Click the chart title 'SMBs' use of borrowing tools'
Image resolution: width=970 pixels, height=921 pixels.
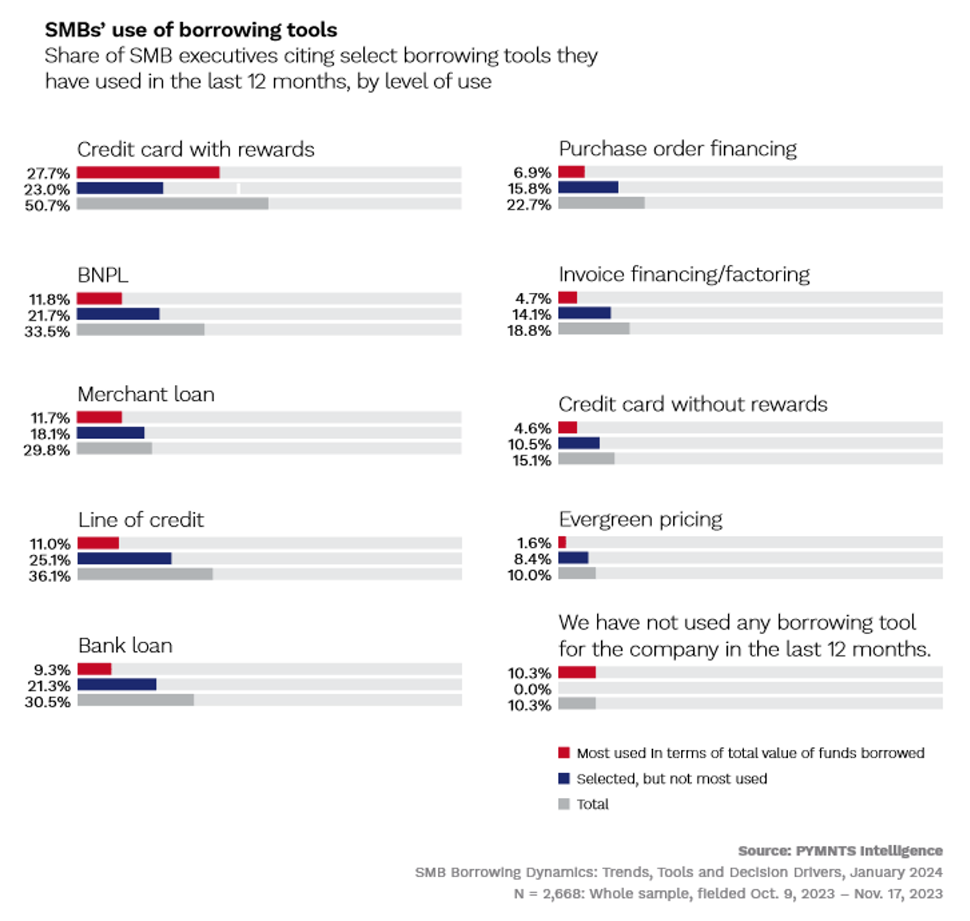(x=191, y=30)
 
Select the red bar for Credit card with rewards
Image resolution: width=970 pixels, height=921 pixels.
(x=148, y=173)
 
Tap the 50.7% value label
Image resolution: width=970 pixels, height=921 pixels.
(x=47, y=206)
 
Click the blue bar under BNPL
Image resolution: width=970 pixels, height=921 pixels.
(x=118, y=314)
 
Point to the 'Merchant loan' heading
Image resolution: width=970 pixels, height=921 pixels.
(x=146, y=394)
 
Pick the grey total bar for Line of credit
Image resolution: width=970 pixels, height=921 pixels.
(x=145, y=574)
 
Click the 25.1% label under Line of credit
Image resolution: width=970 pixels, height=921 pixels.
(x=50, y=560)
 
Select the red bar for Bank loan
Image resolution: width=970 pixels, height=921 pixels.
(x=94, y=669)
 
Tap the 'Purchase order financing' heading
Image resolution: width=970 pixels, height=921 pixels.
(x=677, y=149)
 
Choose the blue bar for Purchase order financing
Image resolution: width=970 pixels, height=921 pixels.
(x=588, y=188)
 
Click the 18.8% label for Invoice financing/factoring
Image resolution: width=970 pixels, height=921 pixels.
(x=529, y=331)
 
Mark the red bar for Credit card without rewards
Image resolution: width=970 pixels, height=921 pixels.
(x=567, y=427)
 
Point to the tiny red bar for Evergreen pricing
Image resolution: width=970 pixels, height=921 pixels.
(x=562, y=543)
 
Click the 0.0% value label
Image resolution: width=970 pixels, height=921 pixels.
(x=532, y=689)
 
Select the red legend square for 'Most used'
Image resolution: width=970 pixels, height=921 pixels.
(x=564, y=753)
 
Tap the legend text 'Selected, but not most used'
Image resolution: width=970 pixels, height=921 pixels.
(x=672, y=779)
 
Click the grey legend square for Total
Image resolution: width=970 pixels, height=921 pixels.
(x=564, y=804)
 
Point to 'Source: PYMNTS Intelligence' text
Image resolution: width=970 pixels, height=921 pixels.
(x=840, y=850)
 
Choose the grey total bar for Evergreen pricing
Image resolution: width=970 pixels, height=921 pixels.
(x=577, y=573)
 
